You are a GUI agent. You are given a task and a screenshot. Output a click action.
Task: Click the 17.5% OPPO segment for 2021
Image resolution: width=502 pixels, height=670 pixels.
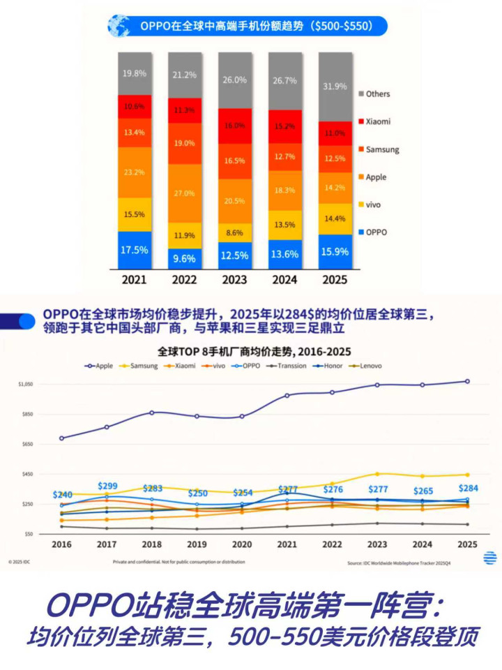coord(135,250)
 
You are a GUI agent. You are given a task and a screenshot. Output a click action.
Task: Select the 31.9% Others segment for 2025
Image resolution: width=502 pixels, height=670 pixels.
coord(335,87)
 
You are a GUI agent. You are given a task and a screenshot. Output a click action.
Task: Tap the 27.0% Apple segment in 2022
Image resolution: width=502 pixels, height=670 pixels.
coord(185,193)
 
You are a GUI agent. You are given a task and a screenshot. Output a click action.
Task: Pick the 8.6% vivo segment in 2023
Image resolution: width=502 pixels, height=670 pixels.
coord(235,232)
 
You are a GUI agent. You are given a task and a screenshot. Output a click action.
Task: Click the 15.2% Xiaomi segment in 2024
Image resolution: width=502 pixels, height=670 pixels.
coord(285,126)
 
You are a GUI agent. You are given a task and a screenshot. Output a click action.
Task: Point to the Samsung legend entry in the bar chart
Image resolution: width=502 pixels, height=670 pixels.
coord(381,149)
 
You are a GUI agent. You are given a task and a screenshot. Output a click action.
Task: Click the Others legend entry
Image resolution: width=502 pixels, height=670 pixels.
coord(377,94)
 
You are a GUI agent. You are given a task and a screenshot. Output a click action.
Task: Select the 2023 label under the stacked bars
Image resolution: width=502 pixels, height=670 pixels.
coord(235,279)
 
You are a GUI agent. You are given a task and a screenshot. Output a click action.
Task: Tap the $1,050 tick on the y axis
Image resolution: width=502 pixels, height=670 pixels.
coord(26,385)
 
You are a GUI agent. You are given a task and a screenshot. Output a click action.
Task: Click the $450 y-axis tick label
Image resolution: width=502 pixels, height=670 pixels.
coord(28,475)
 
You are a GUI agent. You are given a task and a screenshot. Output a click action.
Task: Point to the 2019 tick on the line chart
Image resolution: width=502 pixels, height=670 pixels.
coord(197,543)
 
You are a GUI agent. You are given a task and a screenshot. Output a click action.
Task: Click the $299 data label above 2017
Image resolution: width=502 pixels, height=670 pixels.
coord(107,486)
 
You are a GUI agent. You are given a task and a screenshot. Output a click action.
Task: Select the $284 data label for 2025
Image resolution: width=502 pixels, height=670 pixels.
coord(467,488)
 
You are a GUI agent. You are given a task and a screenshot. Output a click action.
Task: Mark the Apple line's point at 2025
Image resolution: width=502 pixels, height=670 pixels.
coord(467,382)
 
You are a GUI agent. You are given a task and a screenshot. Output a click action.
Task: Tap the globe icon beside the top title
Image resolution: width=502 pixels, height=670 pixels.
coord(119,26)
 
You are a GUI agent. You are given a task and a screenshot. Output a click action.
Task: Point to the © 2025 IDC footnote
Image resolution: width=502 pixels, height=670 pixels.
coord(20,561)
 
